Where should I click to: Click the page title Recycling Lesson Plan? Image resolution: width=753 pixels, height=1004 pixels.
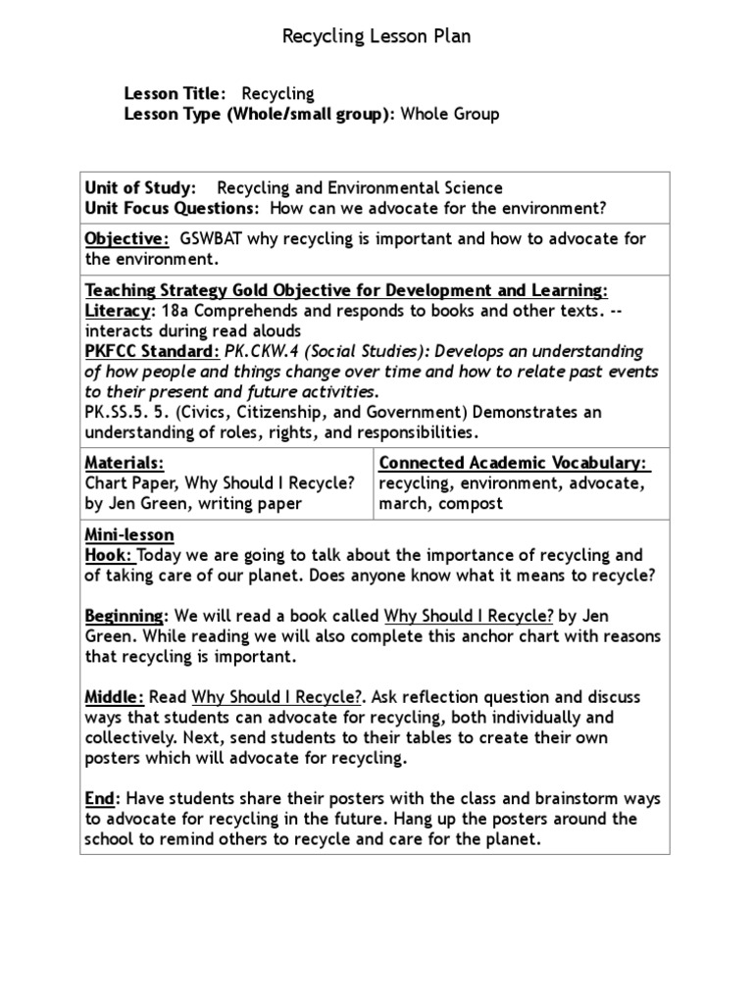376,37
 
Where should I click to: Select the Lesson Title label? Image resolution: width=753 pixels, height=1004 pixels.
175,94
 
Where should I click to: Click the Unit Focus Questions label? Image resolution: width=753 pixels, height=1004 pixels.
172,208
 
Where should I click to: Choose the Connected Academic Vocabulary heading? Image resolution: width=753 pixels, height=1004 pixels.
514,463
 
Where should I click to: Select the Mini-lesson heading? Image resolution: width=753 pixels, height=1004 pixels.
129,535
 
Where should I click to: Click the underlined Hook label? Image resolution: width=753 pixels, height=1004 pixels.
104,556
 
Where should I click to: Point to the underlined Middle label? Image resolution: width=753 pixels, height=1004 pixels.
115,697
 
